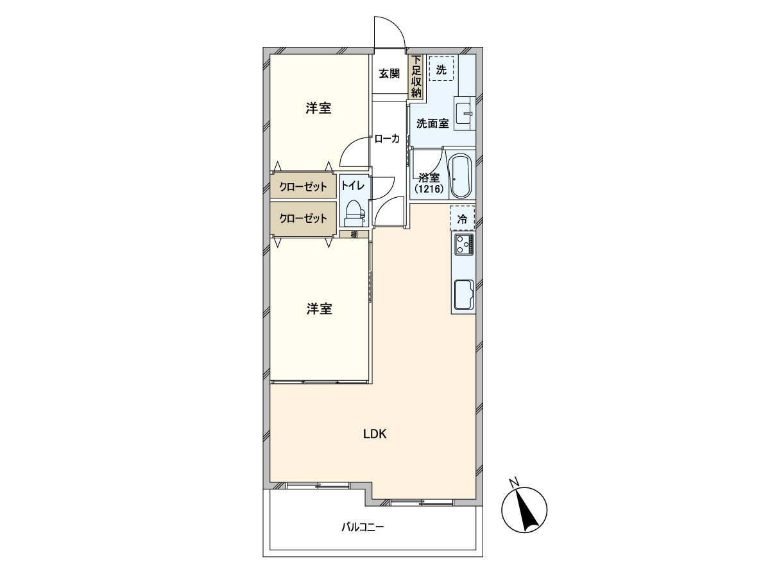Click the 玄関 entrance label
[389, 74]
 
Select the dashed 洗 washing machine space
[441, 69]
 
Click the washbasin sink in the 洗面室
[463, 114]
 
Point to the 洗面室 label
[432, 124]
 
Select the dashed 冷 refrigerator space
[462, 218]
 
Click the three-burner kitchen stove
[463, 245]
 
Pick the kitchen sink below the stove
[463, 295]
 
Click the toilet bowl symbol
[353, 210]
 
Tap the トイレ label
[352, 186]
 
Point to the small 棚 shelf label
[354, 234]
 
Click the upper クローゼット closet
[303, 186]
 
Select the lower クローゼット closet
[303, 218]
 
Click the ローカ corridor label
[387, 138]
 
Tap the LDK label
[374, 433]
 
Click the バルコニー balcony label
[362, 528]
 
